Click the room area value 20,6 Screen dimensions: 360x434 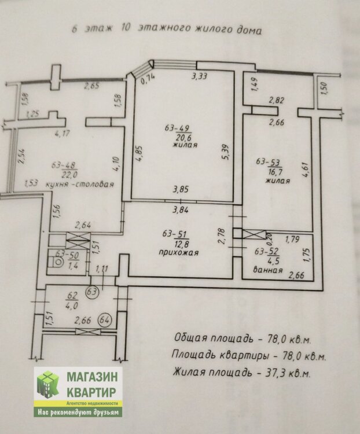[182, 138]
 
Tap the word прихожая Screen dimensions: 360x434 [178, 252]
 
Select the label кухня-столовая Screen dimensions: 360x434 [79, 185]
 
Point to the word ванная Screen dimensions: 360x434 [268, 270]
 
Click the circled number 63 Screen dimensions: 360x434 [93, 292]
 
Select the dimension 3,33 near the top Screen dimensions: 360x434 [199, 76]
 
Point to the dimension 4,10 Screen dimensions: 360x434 [116, 164]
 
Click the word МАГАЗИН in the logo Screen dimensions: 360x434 [92, 377]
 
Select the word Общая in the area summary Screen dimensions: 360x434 [186, 338]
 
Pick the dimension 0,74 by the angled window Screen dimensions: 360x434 [148, 80]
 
